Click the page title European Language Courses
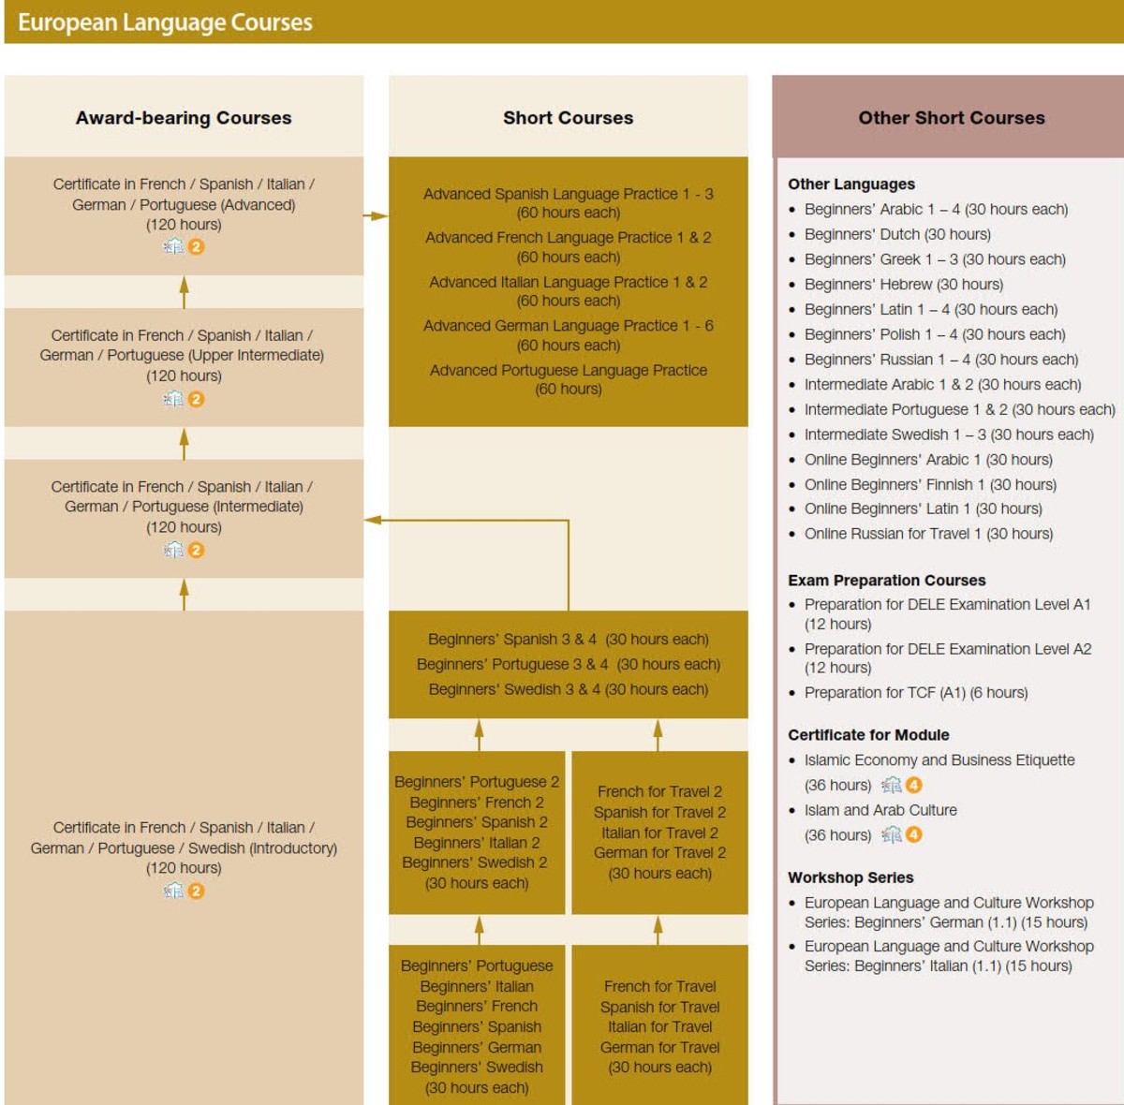(165, 22)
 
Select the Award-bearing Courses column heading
(184, 118)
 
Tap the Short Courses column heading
(568, 118)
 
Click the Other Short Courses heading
(951, 118)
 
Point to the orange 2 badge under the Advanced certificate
(196, 247)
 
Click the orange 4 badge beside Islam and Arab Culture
(913, 834)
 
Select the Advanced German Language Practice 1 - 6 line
(568, 326)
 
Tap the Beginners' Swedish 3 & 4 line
(568, 689)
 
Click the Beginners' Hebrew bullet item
(903, 285)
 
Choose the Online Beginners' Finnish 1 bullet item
(929, 484)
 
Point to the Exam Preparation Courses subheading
(886, 581)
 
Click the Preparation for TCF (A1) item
(915, 693)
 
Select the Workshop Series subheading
(850, 877)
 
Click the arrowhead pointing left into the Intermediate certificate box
(373, 520)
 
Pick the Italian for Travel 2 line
(659, 832)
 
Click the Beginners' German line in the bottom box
(476, 1047)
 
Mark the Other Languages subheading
(850, 184)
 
